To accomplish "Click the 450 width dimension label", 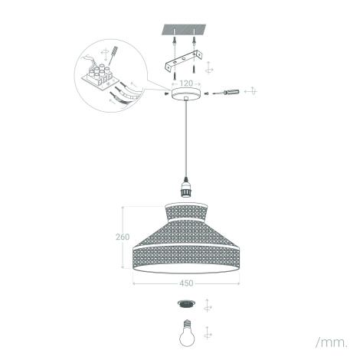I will tap(186, 283).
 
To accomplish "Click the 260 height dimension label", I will tap(122, 237).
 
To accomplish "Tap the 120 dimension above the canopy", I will tap(186, 82).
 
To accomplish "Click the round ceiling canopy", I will tap(185, 93).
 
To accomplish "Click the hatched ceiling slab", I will tap(185, 31).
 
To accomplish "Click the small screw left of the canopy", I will tap(166, 93).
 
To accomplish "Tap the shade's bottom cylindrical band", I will tap(186, 257).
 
